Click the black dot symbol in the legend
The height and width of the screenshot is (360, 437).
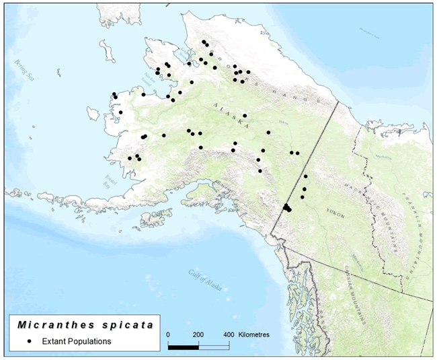[30, 341]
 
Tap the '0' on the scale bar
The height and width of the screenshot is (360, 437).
[167, 334]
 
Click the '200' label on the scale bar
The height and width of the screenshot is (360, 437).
[198, 334]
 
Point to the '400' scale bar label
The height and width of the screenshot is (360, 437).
[228, 334]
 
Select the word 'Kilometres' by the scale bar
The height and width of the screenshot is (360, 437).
[260, 334]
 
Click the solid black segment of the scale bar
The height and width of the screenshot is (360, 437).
[183, 347]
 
